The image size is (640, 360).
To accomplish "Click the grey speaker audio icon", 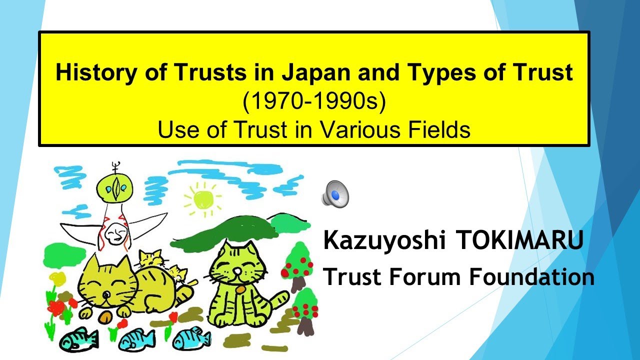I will click(334, 193).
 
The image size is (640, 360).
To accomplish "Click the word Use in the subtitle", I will click(173, 130).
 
